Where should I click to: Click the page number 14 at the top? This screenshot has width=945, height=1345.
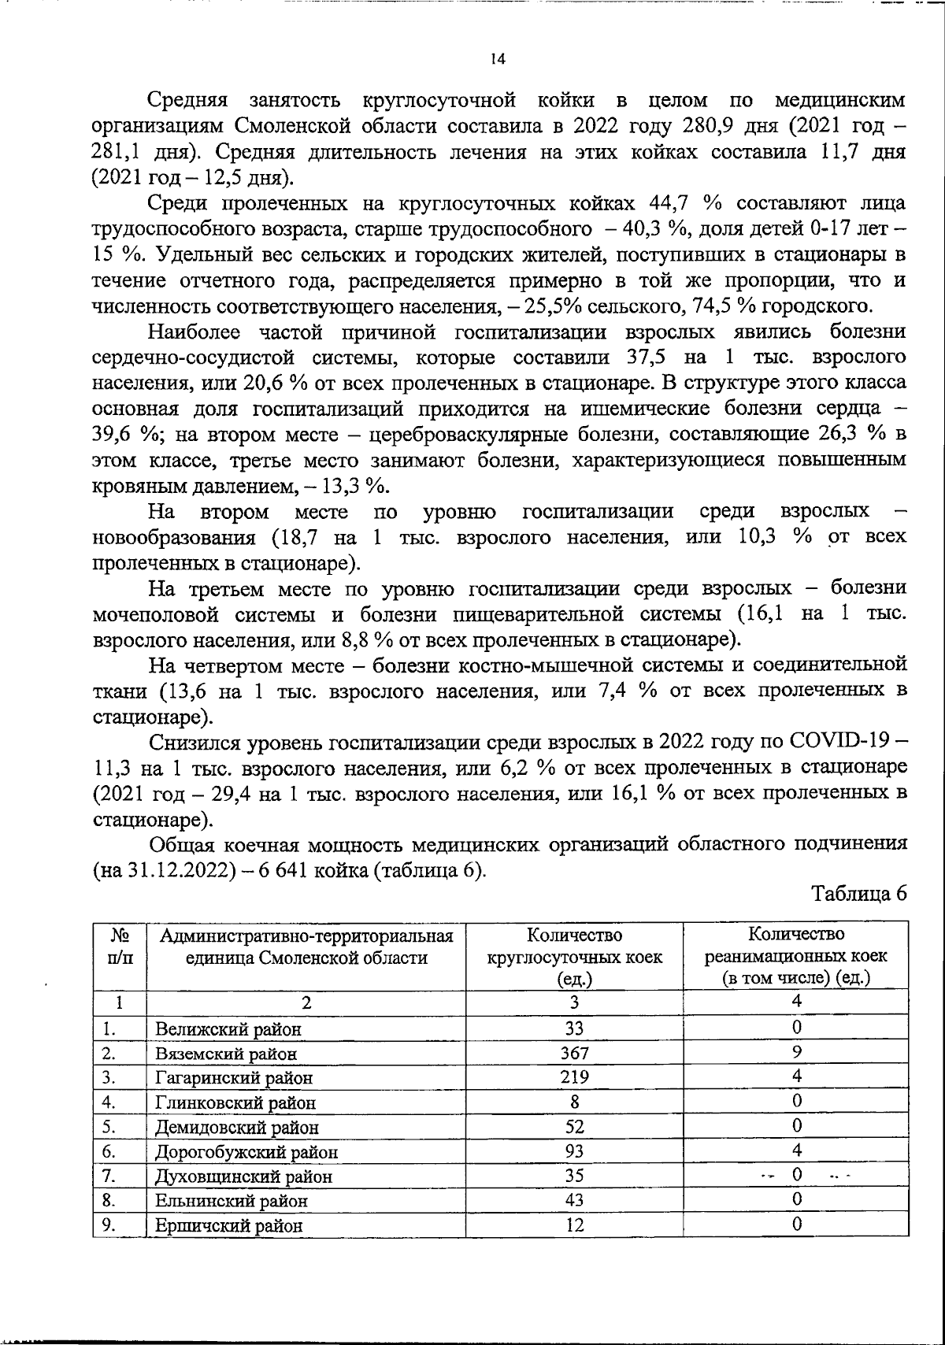click(x=497, y=59)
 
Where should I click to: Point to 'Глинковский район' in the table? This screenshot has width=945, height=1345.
click(x=235, y=1102)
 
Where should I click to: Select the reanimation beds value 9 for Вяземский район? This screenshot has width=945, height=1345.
click(x=796, y=1051)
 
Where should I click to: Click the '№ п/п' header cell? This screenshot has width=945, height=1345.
click(x=120, y=946)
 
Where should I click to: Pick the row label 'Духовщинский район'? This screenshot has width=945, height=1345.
click(x=243, y=1176)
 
